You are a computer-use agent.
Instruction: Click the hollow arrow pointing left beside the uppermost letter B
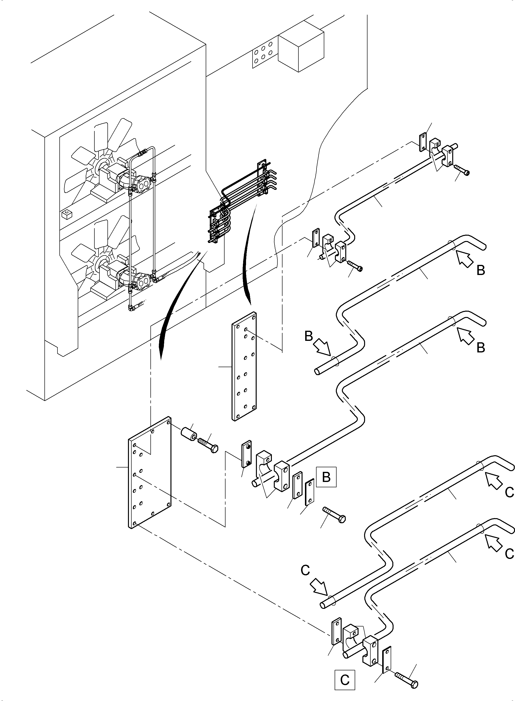pos(465,259)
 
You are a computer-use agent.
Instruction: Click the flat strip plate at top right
pos(423,142)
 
